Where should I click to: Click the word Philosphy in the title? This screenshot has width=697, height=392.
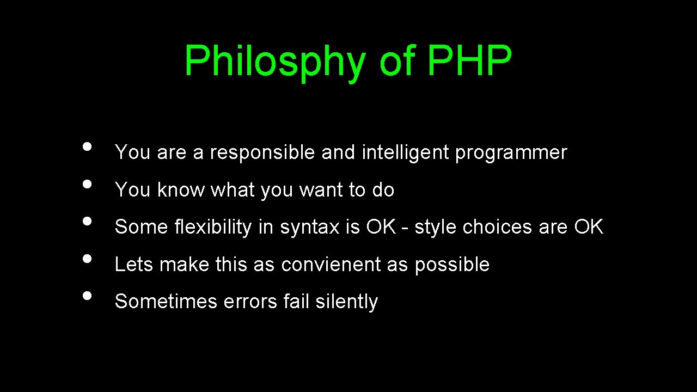coord(275,61)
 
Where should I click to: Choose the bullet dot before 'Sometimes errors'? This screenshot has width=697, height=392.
coord(86,296)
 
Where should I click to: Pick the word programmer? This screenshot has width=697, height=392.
coord(511,153)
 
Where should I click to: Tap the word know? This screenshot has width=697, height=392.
coord(181,190)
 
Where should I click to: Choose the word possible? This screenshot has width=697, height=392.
coord(452,265)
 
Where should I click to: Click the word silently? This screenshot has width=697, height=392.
coord(346,302)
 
